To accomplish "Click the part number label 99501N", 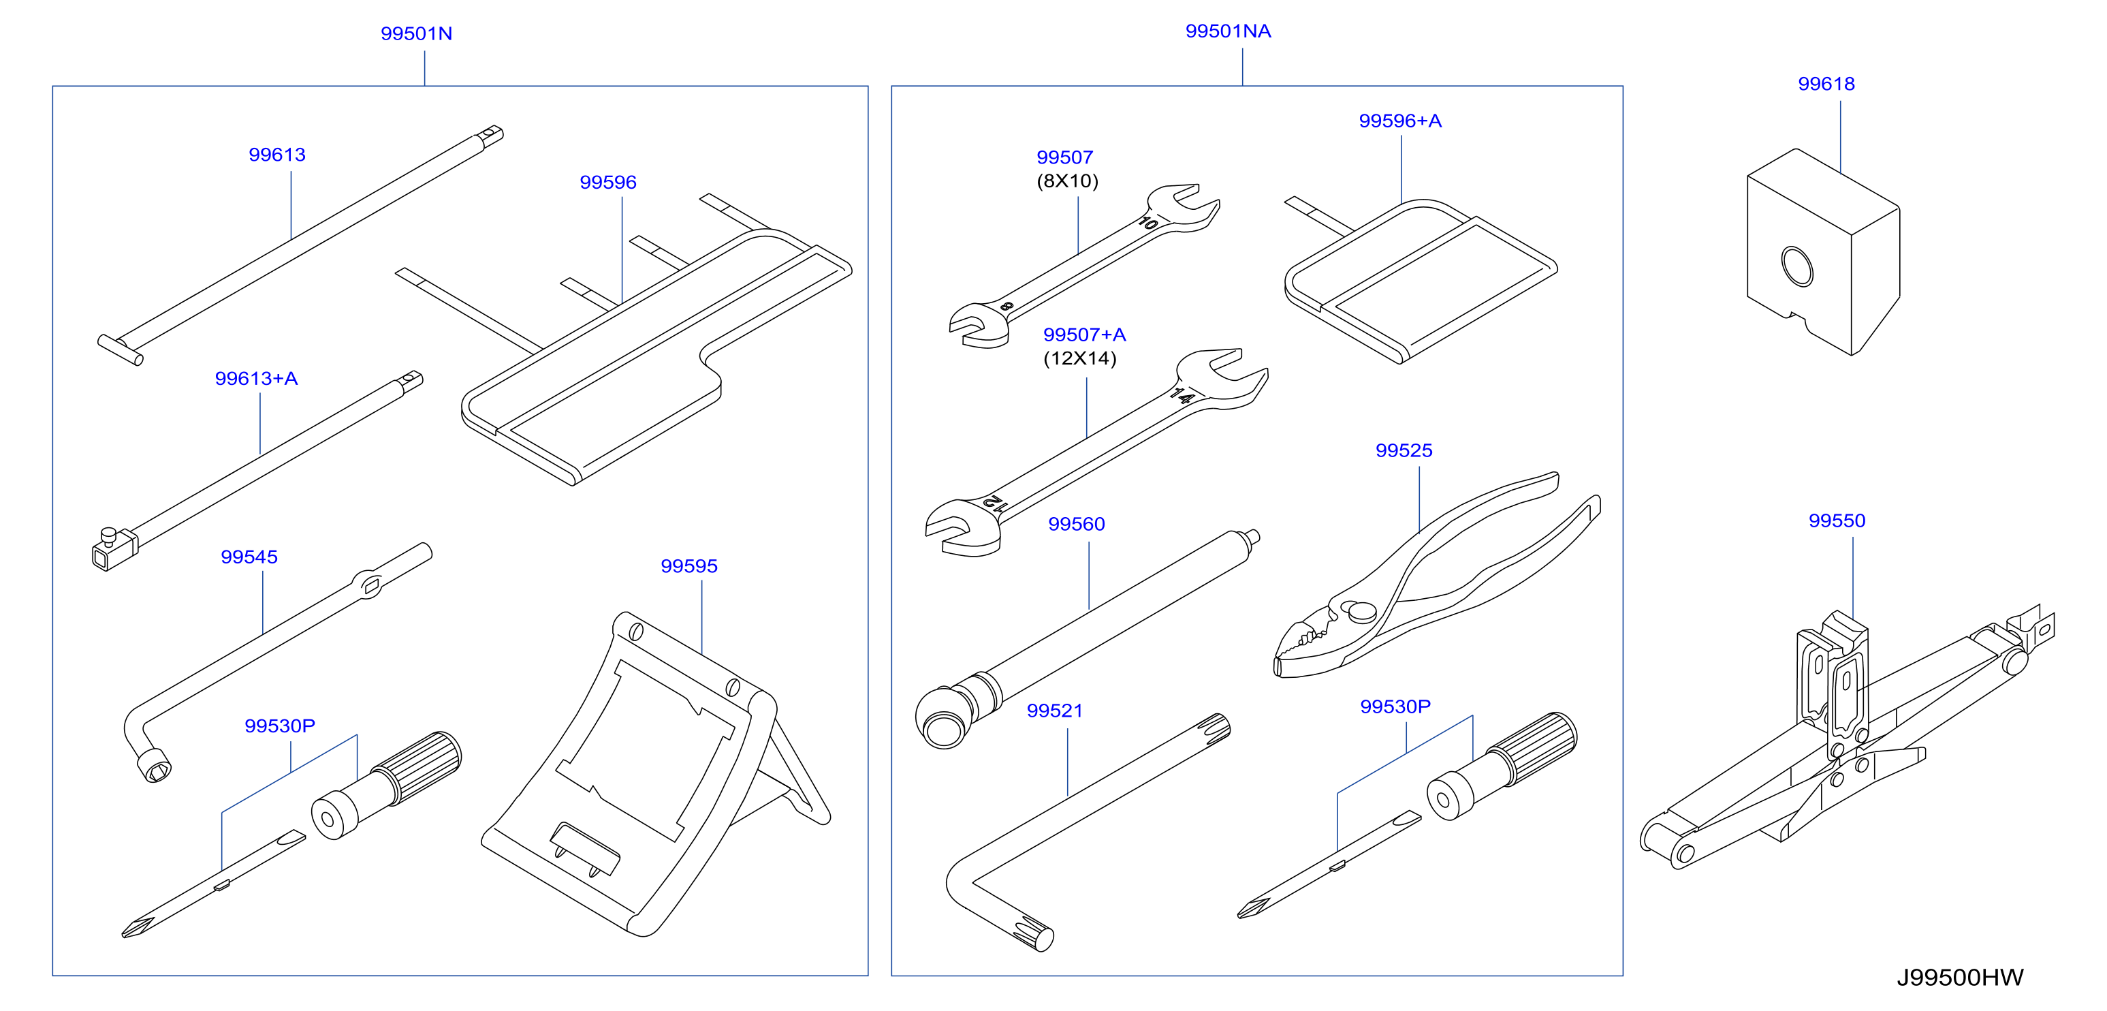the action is [416, 33].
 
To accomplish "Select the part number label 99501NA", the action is [1228, 31].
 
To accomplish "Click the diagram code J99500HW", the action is [1960, 978].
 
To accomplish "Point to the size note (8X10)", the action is [1067, 181].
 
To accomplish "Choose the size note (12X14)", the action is [1079, 358].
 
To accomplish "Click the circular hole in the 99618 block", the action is [1797, 266].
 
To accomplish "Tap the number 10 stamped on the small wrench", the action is [1148, 223].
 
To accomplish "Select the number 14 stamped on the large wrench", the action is [1181, 396].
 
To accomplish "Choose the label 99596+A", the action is [1399, 121].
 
